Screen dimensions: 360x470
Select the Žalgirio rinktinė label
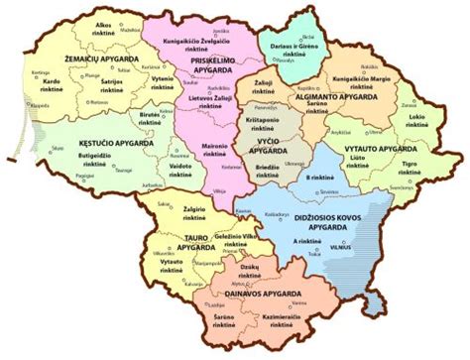tap(193, 213)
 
